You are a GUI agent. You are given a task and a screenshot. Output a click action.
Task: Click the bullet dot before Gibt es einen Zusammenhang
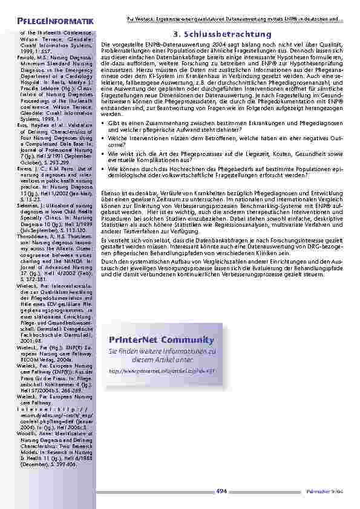[x=104, y=123]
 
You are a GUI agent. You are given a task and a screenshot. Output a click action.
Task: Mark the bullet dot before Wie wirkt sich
[x=104, y=154]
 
